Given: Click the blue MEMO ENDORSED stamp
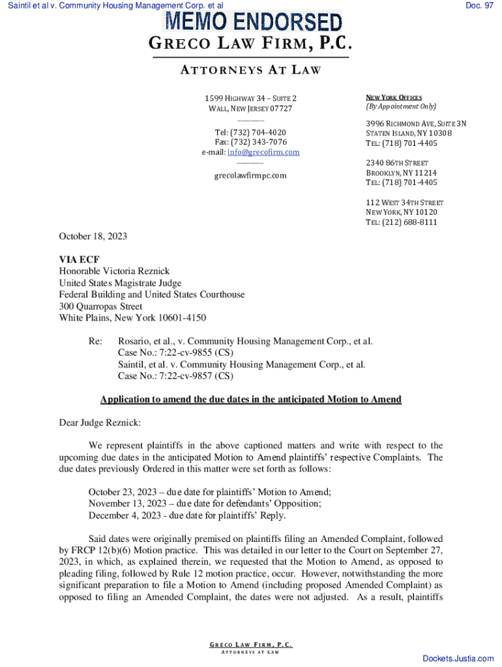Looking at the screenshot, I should [253, 23].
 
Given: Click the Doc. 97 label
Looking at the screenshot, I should [479, 5].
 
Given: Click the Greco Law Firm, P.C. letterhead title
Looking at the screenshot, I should [251, 45].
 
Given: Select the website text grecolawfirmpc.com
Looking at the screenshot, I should [251, 176].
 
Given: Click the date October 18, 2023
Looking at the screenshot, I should [93, 236].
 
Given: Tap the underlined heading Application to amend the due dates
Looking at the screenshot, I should [250, 399].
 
